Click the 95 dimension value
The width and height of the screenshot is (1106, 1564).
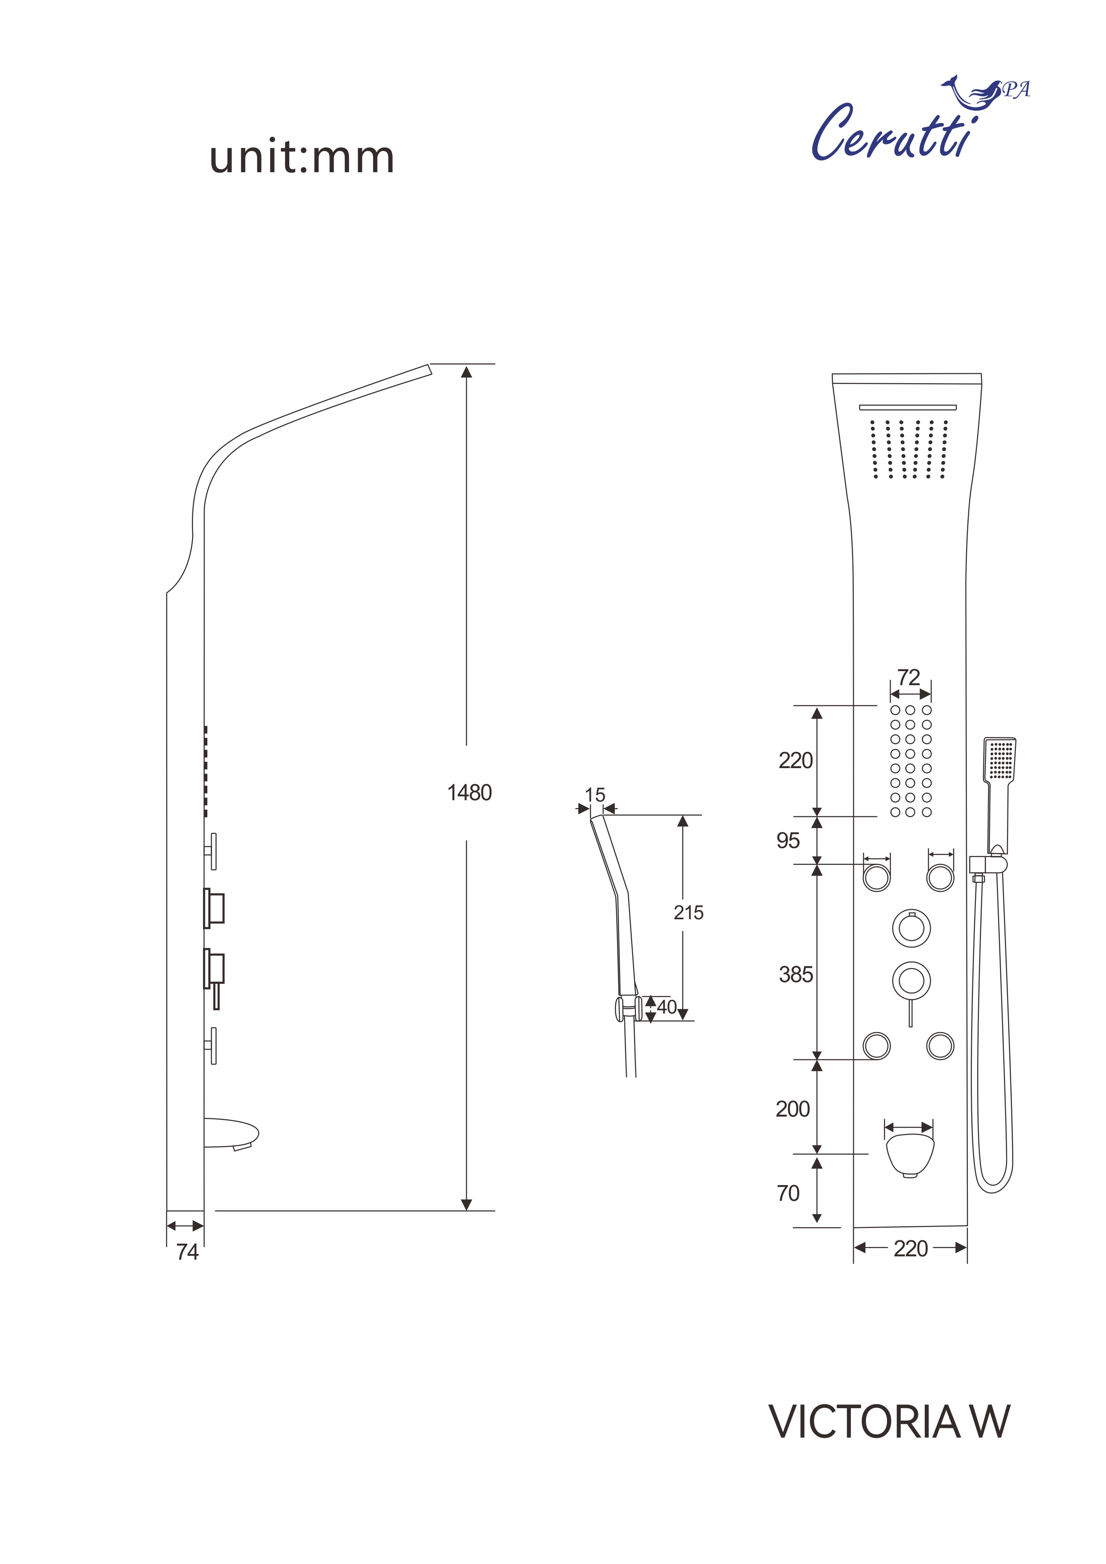788,841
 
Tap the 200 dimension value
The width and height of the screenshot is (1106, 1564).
793,1109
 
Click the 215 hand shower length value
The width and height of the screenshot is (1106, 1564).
688,913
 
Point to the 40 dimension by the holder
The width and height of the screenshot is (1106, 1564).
667,1007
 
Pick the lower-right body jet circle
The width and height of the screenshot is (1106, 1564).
940,1046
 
